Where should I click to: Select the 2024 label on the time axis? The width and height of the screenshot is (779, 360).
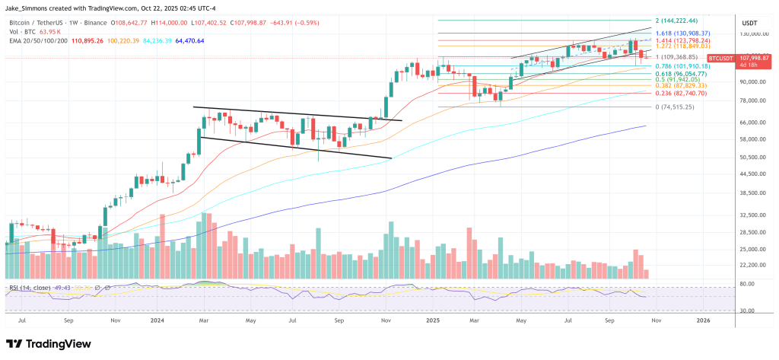157,321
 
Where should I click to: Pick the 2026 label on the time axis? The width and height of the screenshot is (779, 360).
704,321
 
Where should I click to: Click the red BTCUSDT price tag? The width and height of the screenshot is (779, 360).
720,58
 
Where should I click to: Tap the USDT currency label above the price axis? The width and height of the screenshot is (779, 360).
749,24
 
